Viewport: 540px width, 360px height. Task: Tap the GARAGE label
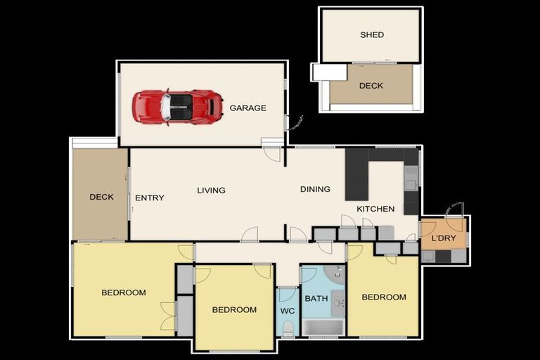247,108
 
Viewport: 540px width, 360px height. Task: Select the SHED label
372,34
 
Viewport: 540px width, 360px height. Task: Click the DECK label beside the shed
371,86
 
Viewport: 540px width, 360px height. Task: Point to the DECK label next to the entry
101,197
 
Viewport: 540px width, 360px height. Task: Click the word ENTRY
149,198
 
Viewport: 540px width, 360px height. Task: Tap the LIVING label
211,190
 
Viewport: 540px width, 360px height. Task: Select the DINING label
315,189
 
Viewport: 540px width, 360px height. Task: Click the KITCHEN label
375,209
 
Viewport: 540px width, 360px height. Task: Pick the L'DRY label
444,238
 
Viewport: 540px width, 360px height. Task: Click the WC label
288,310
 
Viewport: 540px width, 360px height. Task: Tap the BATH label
316,299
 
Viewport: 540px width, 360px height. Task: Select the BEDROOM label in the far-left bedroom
123,292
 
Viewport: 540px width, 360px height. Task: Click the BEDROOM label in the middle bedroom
234,310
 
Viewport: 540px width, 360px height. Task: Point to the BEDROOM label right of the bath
384,297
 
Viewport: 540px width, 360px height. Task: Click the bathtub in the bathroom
323,327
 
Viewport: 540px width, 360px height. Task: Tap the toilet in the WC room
288,327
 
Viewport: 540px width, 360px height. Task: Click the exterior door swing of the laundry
456,210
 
